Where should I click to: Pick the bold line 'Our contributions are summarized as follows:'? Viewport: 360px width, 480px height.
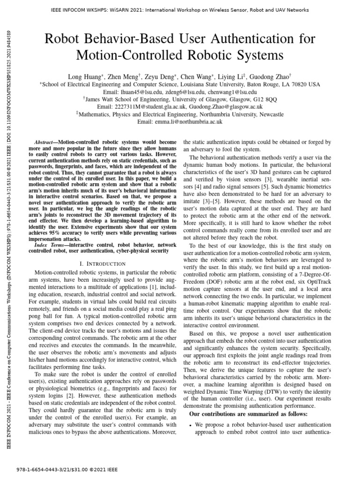point(248,414)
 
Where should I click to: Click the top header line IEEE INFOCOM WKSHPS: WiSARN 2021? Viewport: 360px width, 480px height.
point(180,9)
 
